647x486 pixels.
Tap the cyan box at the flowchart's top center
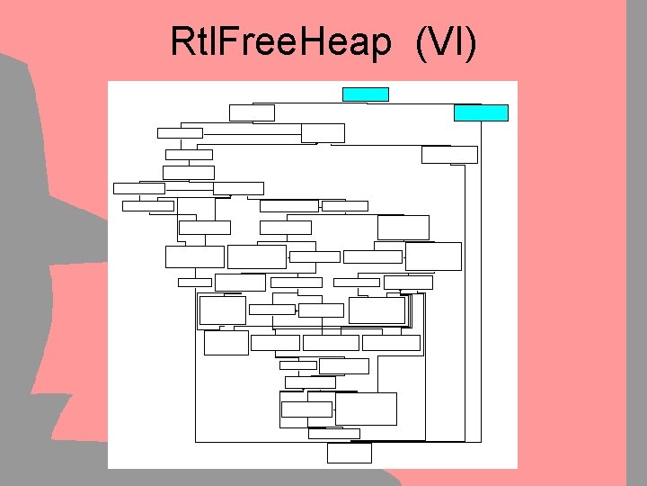click(365, 94)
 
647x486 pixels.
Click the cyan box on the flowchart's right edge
click(481, 112)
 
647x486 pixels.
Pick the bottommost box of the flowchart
click(349, 453)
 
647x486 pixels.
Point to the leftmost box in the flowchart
click(139, 188)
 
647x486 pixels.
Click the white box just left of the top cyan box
click(252, 112)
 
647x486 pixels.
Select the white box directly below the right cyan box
click(449, 154)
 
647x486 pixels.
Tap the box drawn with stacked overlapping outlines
click(378, 310)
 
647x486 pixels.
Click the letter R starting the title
click(181, 41)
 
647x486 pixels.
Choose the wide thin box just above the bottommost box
click(333, 433)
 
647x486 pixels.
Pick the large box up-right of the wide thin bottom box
click(366, 409)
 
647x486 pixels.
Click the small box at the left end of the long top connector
click(180, 133)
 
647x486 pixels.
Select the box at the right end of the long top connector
click(323, 133)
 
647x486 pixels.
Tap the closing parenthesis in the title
click(469, 41)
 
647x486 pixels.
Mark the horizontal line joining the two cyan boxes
click(422, 103)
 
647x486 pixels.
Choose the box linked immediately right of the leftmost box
click(238, 188)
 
